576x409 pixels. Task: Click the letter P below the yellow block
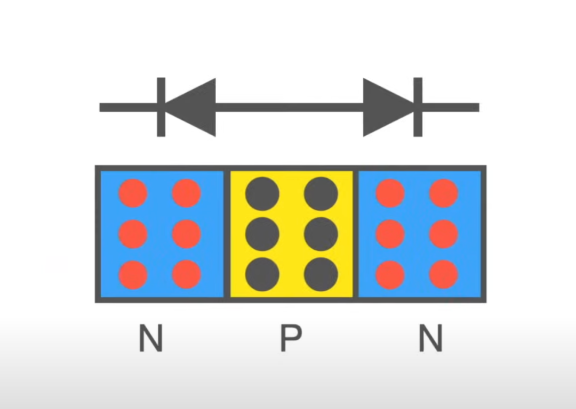[291, 338]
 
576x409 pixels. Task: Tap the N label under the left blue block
[150, 338]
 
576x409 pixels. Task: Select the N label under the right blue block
[431, 338]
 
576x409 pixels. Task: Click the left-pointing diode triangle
[190, 107]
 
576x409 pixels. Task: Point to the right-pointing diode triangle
[389, 107]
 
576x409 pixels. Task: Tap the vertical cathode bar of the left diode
[161, 107]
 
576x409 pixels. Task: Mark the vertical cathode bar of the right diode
[418, 107]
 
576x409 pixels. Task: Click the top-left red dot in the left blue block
[133, 193]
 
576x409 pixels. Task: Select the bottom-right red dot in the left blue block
[186, 275]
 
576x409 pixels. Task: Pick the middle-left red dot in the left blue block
[133, 234]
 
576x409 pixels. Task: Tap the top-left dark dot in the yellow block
[262, 194]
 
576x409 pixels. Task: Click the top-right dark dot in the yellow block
[321, 194]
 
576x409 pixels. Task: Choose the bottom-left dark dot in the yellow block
[262, 274]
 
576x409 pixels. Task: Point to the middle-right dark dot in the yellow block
[321, 234]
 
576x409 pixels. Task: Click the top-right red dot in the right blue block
[444, 193]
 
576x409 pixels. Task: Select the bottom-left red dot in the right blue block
[390, 275]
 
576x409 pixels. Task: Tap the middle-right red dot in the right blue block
[444, 234]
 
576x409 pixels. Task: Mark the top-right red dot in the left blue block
[186, 193]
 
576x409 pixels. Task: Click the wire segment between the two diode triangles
[290, 108]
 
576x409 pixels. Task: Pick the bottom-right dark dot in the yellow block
[321, 274]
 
